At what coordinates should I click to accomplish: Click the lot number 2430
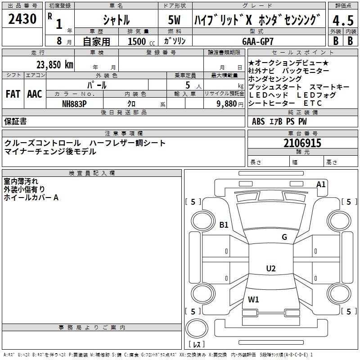pyautogui.click(x=22, y=18)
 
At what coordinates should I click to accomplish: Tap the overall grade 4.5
pyautogui.click(x=343, y=20)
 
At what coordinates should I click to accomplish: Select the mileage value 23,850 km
pyautogui.click(x=54, y=65)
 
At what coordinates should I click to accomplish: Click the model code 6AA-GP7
pyautogui.click(x=258, y=41)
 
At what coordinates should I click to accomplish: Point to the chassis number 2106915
pyautogui.click(x=302, y=143)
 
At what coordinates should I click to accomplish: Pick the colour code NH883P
pyautogui.click(x=74, y=104)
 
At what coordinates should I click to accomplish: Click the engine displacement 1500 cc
pyautogui.click(x=141, y=41)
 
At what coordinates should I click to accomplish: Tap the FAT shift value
pyautogui.click(x=13, y=94)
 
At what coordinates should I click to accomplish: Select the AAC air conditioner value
pyautogui.click(x=35, y=94)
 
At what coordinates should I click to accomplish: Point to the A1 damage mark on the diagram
pyautogui.click(x=321, y=184)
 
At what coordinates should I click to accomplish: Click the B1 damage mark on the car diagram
pyautogui.click(x=224, y=225)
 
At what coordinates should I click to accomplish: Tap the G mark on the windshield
pyautogui.click(x=284, y=237)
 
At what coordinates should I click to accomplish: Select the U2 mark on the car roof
pyautogui.click(x=271, y=268)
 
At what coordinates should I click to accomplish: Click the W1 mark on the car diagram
pyautogui.click(x=253, y=299)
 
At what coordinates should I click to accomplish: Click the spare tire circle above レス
pyautogui.click(x=197, y=328)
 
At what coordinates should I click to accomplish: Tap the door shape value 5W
pyautogui.click(x=174, y=20)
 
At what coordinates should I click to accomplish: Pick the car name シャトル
pyautogui.click(x=116, y=20)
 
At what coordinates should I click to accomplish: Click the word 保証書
pyautogui.click(x=15, y=121)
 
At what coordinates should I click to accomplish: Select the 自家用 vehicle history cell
pyautogui.click(x=96, y=41)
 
